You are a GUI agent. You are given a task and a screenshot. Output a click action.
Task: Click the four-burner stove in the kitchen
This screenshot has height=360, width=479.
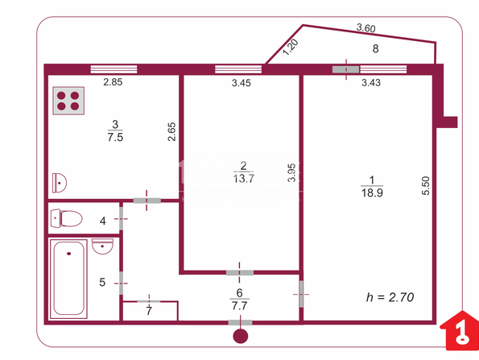[x=68, y=101]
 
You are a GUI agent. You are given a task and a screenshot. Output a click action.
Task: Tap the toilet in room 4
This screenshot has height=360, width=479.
[x=66, y=218]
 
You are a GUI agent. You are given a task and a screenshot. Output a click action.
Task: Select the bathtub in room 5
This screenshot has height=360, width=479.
[x=68, y=279]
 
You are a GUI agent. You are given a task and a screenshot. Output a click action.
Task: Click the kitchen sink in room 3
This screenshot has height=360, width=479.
[x=60, y=183]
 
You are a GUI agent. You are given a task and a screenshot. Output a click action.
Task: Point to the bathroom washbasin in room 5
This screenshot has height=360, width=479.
[x=103, y=246]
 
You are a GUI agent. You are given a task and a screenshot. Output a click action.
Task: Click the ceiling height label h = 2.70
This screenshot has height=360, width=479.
[x=390, y=297]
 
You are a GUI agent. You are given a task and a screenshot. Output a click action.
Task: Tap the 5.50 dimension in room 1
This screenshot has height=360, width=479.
[x=426, y=185]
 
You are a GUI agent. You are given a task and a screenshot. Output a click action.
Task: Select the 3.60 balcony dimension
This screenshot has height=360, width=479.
[x=365, y=28]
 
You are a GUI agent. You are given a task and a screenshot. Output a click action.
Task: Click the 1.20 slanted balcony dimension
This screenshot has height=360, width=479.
[x=290, y=48]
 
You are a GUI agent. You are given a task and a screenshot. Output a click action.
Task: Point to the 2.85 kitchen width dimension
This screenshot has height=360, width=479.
[x=113, y=82]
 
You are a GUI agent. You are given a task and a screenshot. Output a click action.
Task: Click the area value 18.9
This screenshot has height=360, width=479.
[x=372, y=192]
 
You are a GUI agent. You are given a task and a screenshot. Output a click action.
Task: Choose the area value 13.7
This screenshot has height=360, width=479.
[x=243, y=178]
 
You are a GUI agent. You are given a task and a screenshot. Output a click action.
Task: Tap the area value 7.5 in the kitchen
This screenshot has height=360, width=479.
[x=115, y=137]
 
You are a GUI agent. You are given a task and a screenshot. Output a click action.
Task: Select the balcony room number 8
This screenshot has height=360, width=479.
[x=375, y=48]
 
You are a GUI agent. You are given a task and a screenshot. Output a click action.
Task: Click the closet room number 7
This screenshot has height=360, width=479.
[x=149, y=311]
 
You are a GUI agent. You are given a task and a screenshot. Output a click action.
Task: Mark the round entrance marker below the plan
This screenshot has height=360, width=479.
[x=241, y=336]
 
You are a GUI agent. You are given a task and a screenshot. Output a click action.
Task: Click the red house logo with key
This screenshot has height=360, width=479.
[x=460, y=330]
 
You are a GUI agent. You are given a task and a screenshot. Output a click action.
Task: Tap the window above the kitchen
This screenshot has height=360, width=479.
[x=114, y=69]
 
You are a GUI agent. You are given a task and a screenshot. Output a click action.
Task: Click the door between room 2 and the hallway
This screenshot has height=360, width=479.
[x=240, y=272]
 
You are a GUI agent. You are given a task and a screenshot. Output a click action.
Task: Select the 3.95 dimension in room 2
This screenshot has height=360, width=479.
[x=292, y=173]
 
